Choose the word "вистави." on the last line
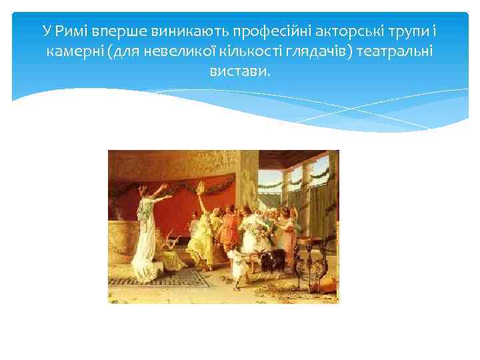point(240,71)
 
